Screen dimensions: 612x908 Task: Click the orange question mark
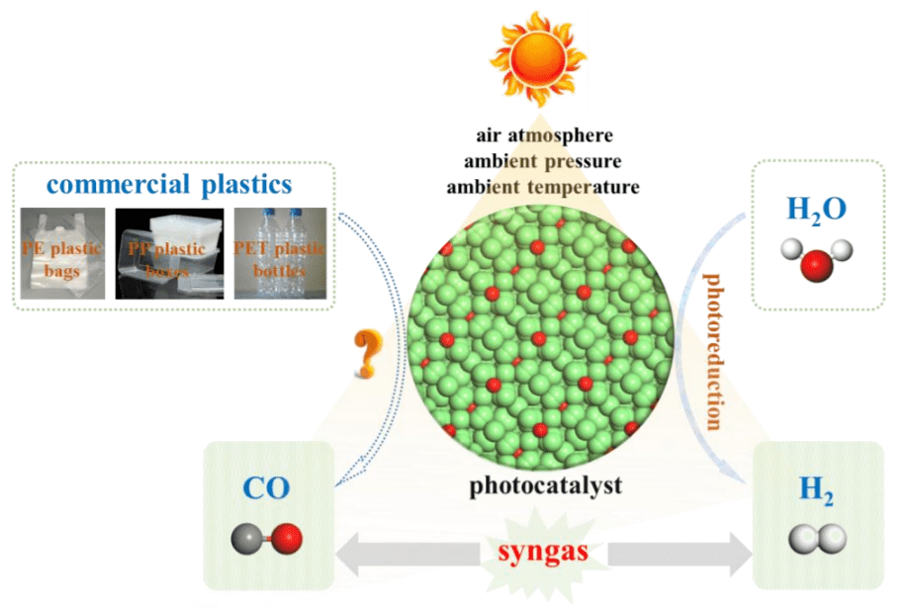[x=368, y=355]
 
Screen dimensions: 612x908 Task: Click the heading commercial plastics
[x=173, y=184]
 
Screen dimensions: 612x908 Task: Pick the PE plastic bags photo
[x=62, y=253]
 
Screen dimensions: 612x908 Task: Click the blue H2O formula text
[x=816, y=211]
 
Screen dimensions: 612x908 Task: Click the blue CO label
[x=267, y=490]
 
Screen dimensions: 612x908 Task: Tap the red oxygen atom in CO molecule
[x=288, y=539]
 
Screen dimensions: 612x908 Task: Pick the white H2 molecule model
[x=818, y=539]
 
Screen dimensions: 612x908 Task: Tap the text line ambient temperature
[x=542, y=186]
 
